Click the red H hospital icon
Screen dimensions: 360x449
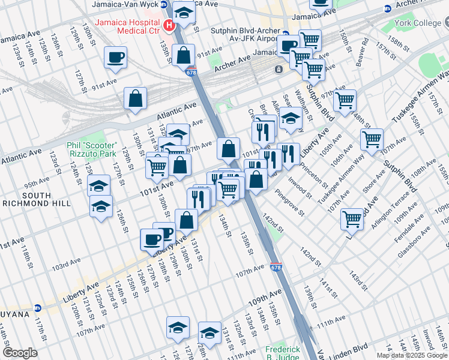pos(169,26)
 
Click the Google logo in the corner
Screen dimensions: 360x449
pos(20,353)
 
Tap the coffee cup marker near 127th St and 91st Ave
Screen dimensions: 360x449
pos(115,58)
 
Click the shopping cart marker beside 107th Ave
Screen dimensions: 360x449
pos(372,140)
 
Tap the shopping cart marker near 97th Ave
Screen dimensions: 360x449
pos(345,100)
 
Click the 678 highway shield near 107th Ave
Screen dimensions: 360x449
pos(275,266)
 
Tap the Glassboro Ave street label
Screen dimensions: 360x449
pos(415,242)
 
